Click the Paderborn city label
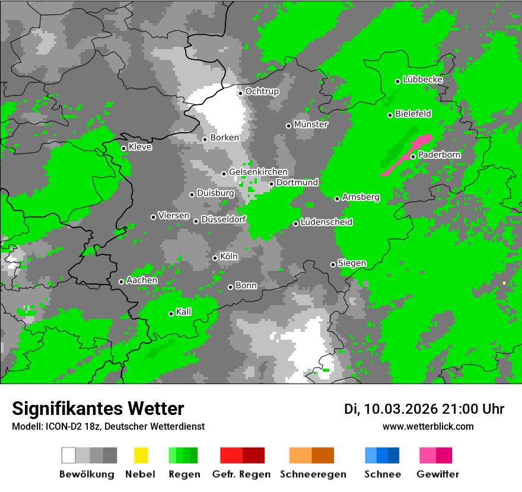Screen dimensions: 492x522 [439, 155]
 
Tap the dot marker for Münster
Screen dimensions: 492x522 [288, 126]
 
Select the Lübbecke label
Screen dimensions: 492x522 [422, 79]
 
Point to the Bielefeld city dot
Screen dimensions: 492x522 [390, 115]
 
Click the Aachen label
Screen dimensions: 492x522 [142, 280]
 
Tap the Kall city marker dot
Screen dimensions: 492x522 [171, 314]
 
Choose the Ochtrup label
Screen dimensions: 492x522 [262, 92]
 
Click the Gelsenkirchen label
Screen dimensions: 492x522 [258, 172]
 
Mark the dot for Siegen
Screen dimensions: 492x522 [333, 264]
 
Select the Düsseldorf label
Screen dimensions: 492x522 [223, 219]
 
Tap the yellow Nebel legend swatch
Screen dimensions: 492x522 [141, 455]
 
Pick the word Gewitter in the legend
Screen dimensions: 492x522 [438, 474]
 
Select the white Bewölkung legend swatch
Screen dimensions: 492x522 [69, 455]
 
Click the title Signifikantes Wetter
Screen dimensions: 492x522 [98, 408]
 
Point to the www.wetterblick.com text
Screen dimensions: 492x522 [428, 426]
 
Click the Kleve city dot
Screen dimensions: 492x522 [123, 148]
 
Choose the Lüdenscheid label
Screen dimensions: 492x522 [326, 222]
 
